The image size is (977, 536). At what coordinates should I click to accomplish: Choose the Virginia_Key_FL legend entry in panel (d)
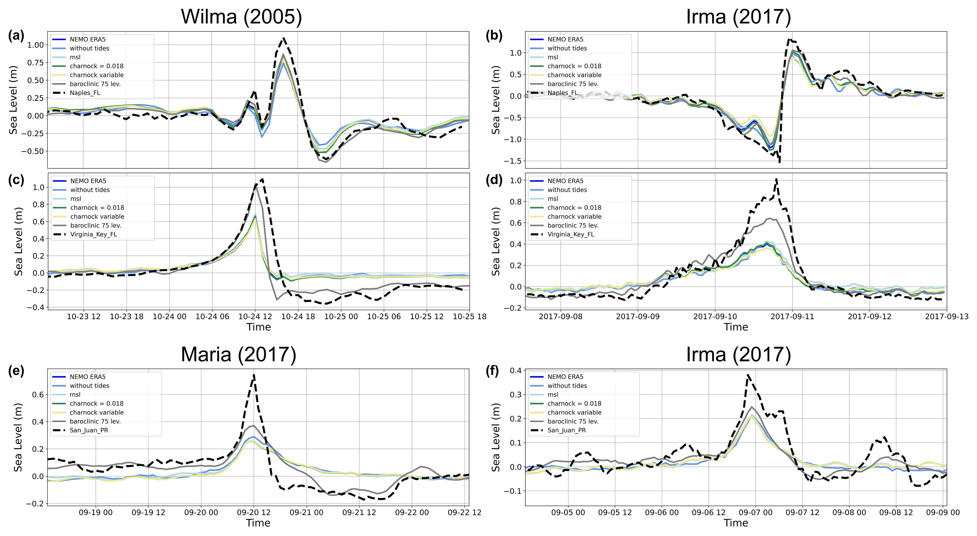point(571,235)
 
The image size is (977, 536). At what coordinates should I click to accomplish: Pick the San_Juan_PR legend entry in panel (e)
point(89,430)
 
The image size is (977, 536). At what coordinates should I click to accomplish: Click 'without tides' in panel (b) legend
point(567,48)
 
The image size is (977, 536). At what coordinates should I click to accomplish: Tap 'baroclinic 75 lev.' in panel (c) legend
point(95,225)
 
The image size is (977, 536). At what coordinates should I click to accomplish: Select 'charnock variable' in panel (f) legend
point(574,412)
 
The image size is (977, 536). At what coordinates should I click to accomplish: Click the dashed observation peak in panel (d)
point(776,179)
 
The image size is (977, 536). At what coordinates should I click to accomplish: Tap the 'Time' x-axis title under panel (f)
point(736,523)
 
